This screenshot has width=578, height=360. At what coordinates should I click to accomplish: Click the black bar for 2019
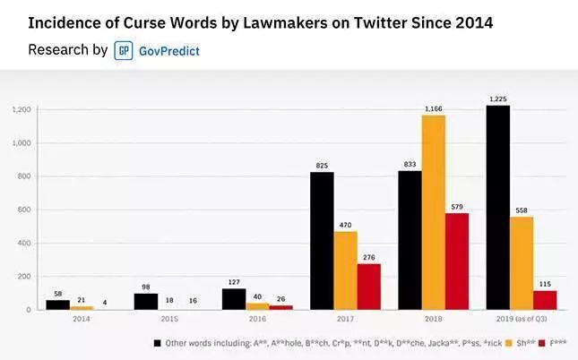[x=497, y=208]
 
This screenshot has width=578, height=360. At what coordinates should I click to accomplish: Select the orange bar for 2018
[x=434, y=212]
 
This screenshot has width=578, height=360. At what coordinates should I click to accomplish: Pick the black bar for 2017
[x=322, y=241]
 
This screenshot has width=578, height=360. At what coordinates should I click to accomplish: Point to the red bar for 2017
[x=368, y=287]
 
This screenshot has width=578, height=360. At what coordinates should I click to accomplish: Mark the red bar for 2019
[x=545, y=300]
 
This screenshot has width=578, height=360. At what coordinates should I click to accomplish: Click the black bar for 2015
[x=146, y=302]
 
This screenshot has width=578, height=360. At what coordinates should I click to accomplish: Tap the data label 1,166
[x=434, y=108]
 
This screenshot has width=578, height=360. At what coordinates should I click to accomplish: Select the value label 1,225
[x=497, y=99]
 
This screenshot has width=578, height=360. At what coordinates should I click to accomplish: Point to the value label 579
[x=457, y=207]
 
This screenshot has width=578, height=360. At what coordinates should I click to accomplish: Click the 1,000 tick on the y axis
[x=22, y=143]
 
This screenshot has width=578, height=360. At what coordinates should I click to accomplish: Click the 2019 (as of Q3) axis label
[x=521, y=319]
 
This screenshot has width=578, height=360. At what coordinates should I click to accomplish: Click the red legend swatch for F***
[x=544, y=342]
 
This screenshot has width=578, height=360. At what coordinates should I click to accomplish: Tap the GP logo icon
[x=124, y=50]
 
